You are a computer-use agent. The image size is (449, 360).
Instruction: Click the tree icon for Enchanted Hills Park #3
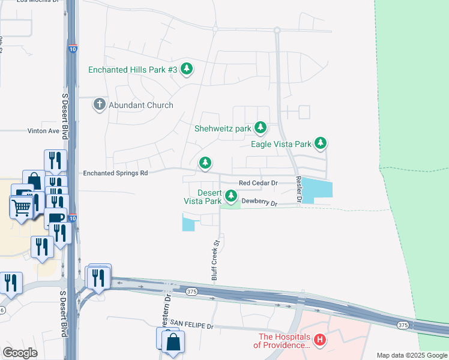pyautogui.click(x=187, y=69)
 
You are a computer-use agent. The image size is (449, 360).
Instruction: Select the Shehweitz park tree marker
pyautogui.click(x=260, y=127)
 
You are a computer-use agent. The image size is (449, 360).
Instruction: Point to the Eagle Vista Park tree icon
pyautogui.click(x=321, y=143)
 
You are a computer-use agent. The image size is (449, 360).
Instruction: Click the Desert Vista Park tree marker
pyautogui.click(x=231, y=196)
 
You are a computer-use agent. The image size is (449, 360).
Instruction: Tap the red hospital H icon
pyautogui.click(x=320, y=340)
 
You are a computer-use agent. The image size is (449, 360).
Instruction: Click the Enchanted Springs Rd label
pyautogui.click(x=115, y=173)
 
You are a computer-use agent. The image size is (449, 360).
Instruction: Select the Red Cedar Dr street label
pyautogui.click(x=258, y=183)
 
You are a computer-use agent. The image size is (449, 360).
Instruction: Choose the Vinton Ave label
pyautogui.click(x=43, y=131)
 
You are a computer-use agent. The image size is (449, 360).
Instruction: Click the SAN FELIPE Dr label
pyautogui.click(x=191, y=325)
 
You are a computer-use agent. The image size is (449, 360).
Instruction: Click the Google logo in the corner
pyautogui.click(x=20, y=353)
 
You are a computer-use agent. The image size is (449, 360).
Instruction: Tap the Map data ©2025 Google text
pyautogui.click(x=411, y=355)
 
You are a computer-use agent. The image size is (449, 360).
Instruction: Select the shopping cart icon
pyautogui.click(x=22, y=207)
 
